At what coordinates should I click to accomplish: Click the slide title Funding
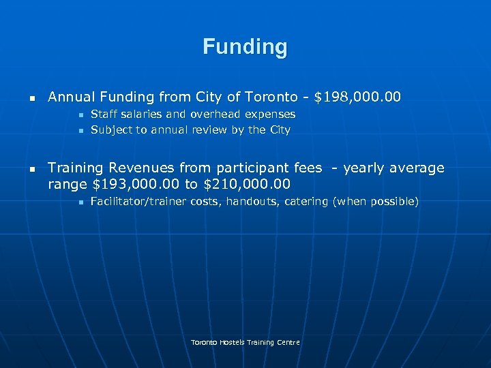(245, 47)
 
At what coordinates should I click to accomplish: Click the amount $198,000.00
(357, 97)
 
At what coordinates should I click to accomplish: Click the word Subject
(112, 129)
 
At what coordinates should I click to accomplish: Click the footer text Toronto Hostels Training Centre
(245, 342)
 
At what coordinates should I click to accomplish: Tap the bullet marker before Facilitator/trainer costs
(80, 202)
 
